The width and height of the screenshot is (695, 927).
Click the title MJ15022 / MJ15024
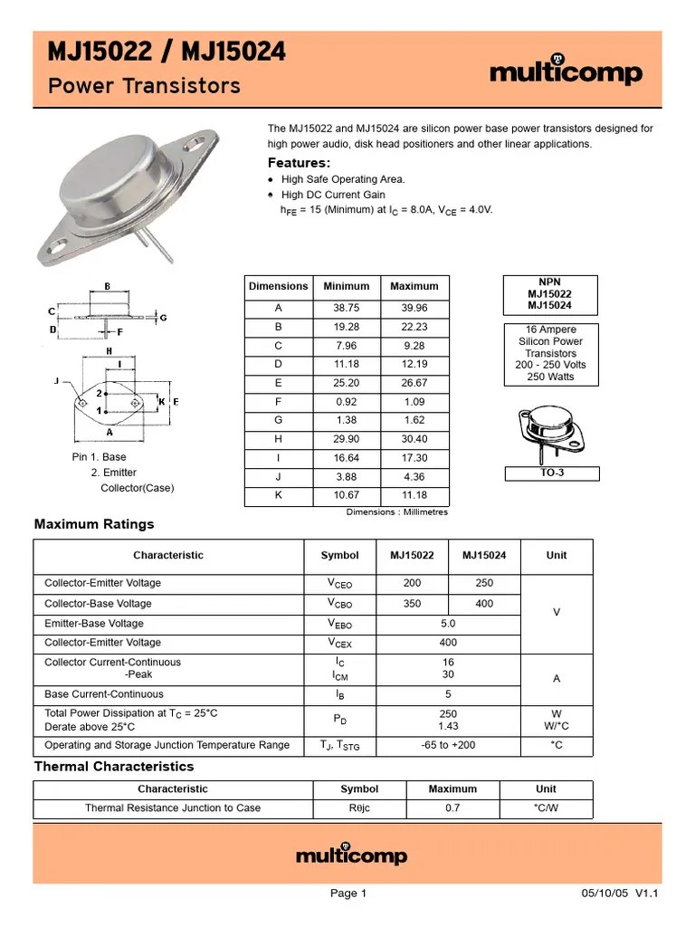click(x=167, y=54)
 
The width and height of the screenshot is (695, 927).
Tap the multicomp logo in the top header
click(x=566, y=72)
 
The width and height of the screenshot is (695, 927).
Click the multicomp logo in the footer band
click(x=352, y=855)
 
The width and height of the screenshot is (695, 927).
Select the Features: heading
click(x=299, y=163)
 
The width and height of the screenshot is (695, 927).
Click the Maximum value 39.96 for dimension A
click(x=414, y=308)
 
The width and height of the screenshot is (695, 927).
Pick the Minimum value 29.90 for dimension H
click(x=346, y=439)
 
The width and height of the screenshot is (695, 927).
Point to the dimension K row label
click(x=279, y=495)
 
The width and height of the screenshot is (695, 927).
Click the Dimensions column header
click(x=279, y=286)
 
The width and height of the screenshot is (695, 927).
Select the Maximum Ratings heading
click(x=94, y=524)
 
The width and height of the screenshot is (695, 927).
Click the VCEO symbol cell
click(x=339, y=584)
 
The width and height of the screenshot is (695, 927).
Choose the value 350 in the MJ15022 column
click(x=412, y=604)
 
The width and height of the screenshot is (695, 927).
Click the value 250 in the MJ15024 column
click(x=484, y=584)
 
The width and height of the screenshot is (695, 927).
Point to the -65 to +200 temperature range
click(x=448, y=745)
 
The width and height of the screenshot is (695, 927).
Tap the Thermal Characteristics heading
click(x=114, y=767)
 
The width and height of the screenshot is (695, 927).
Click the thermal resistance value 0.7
click(x=452, y=808)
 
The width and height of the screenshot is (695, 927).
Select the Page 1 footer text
click(x=348, y=894)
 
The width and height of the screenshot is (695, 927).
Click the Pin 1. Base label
click(x=100, y=457)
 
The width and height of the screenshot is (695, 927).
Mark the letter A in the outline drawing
click(x=109, y=432)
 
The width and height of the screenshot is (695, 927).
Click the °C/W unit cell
click(x=546, y=808)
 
